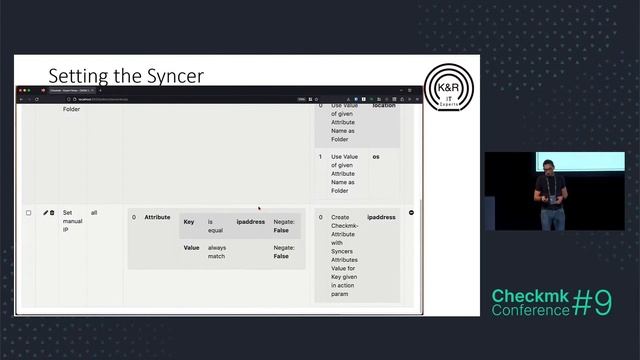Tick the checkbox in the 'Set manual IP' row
point(28,213)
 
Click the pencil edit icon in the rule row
point(45,213)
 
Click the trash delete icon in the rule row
point(52,213)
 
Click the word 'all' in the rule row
point(94,213)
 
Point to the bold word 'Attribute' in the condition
point(157,217)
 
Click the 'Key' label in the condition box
point(189,220)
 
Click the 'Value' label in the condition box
point(191,247)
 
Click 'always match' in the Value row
point(217,251)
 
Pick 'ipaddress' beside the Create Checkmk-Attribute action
point(381,217)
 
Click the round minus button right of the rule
point(412,213)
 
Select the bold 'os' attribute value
point(376,157)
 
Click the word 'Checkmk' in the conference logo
point(527,296)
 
